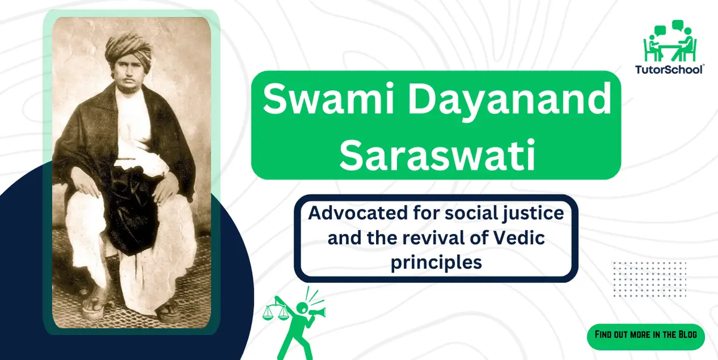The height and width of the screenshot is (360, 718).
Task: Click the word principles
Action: tap(436, 262)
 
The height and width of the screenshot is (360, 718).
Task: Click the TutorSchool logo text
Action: tap(669, 69)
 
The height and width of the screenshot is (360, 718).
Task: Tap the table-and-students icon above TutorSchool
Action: tap(669, 43)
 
